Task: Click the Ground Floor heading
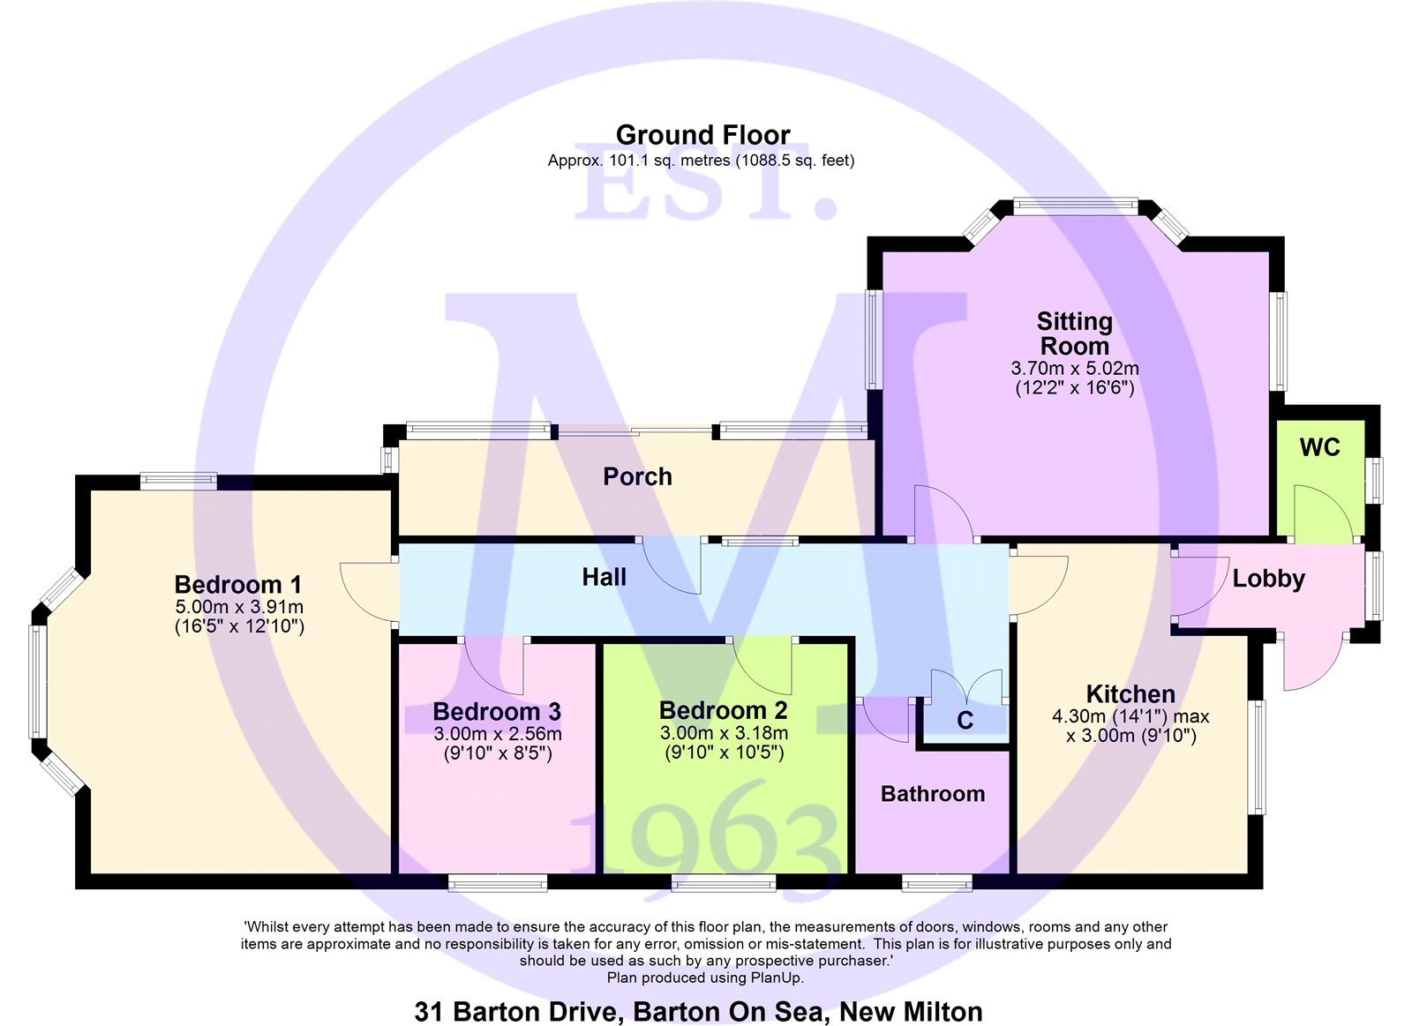click(702, 135)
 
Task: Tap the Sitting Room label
click(1074, 333)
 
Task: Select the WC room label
click(1319, 447)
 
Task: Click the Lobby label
click(1268, 579)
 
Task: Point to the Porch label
click(637, 476)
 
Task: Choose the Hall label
click(604, 577)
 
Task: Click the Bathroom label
click(932, 793)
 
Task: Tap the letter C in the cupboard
click(965, 721)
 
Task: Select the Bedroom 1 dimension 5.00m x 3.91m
click(239, 607)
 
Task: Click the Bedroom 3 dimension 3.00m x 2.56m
click(498, 734)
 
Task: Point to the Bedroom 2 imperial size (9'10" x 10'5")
click(725, 753)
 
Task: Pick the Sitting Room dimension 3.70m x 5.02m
click(1075, 368)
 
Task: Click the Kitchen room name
click(1130, 694)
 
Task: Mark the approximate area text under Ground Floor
click(701, 161)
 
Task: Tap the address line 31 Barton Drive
click(698, 1012)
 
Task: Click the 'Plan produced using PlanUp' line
click(705, 977)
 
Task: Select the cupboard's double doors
click(966, 686)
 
